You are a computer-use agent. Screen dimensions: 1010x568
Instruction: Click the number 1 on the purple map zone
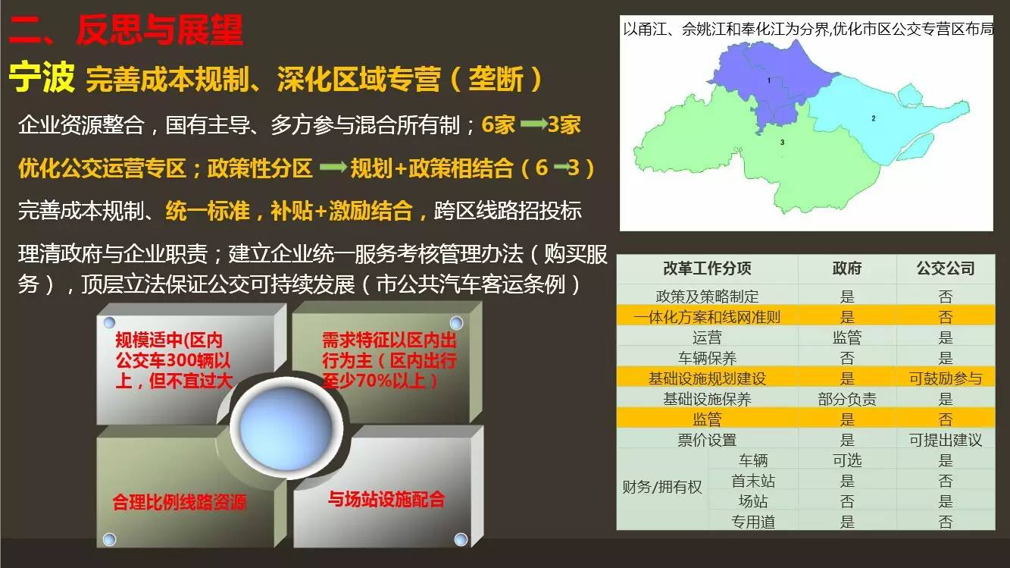(x=769, y=80)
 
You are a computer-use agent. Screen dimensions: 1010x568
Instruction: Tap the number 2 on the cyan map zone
(x=874, y=118)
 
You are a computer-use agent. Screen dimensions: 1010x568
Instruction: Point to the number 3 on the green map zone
(x=782, y=142)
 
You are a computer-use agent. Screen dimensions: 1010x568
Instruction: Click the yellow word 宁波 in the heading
(x=42, y=77)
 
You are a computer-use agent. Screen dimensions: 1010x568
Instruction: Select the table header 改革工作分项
(x=707, y=268)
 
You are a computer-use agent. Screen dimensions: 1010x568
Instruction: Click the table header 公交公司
(x=946, y=268)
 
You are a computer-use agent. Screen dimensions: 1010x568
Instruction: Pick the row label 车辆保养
(x=707, y=358)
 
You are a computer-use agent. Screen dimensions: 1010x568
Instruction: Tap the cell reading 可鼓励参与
(x=946, y=378)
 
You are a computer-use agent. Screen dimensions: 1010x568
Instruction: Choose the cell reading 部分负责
(x=847, y=399)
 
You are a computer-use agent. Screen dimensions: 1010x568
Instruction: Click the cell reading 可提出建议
(x=946, y=440)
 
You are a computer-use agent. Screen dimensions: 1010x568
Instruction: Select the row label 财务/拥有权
(x=662, y=488)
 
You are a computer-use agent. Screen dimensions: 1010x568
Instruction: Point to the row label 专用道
(x=753, y=522)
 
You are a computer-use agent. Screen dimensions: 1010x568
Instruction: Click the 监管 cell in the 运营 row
(x=847, y=337)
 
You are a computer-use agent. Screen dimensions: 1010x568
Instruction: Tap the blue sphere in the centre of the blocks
(x=286, y=428)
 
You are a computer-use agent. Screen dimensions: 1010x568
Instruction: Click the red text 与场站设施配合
(x=386, y=499)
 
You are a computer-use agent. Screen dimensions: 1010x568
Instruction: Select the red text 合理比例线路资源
(x=179, y=502)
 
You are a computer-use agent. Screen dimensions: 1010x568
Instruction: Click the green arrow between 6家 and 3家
(x=533, y=124)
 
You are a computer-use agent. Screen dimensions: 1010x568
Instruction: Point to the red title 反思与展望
(x=160, y=30)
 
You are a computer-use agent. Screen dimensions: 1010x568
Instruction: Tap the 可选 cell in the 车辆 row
(x=847, y=460)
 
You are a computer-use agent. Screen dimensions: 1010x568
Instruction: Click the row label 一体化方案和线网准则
(x=707, y=317)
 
